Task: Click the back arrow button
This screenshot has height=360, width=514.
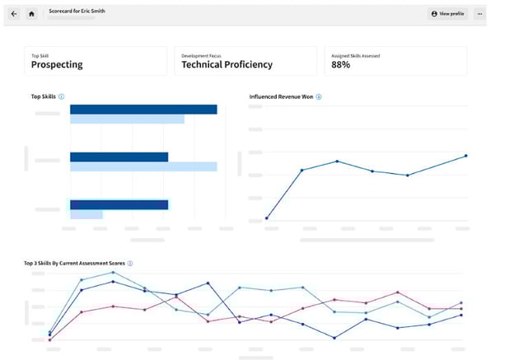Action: click(14, 14)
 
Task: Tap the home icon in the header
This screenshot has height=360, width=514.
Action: click(31, 14)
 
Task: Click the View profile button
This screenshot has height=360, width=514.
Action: click(447, 14)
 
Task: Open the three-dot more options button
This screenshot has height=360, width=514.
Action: click(479, 14)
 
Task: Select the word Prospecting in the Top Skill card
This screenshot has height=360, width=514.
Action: click(57, 64)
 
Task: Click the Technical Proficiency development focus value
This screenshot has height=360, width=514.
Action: click(227, 64)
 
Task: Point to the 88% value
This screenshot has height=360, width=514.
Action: click(341, 64)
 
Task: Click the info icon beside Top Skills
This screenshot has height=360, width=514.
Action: click(62, 97)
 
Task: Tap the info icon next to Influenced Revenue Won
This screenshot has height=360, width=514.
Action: click(319, 97)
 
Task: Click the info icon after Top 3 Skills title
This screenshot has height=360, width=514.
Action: click(130, 264)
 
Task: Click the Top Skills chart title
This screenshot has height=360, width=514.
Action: click(42, 97)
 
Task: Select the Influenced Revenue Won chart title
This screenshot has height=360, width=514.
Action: click(281, 97)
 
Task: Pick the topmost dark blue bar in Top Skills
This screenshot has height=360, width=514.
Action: click(143, 110)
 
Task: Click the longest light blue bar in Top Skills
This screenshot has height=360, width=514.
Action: click(143, 166)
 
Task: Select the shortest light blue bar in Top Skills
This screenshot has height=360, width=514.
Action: click(86, 214)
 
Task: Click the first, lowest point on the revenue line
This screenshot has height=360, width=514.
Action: click(267, 218)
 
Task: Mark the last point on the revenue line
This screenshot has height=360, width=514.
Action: click(466, 156)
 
